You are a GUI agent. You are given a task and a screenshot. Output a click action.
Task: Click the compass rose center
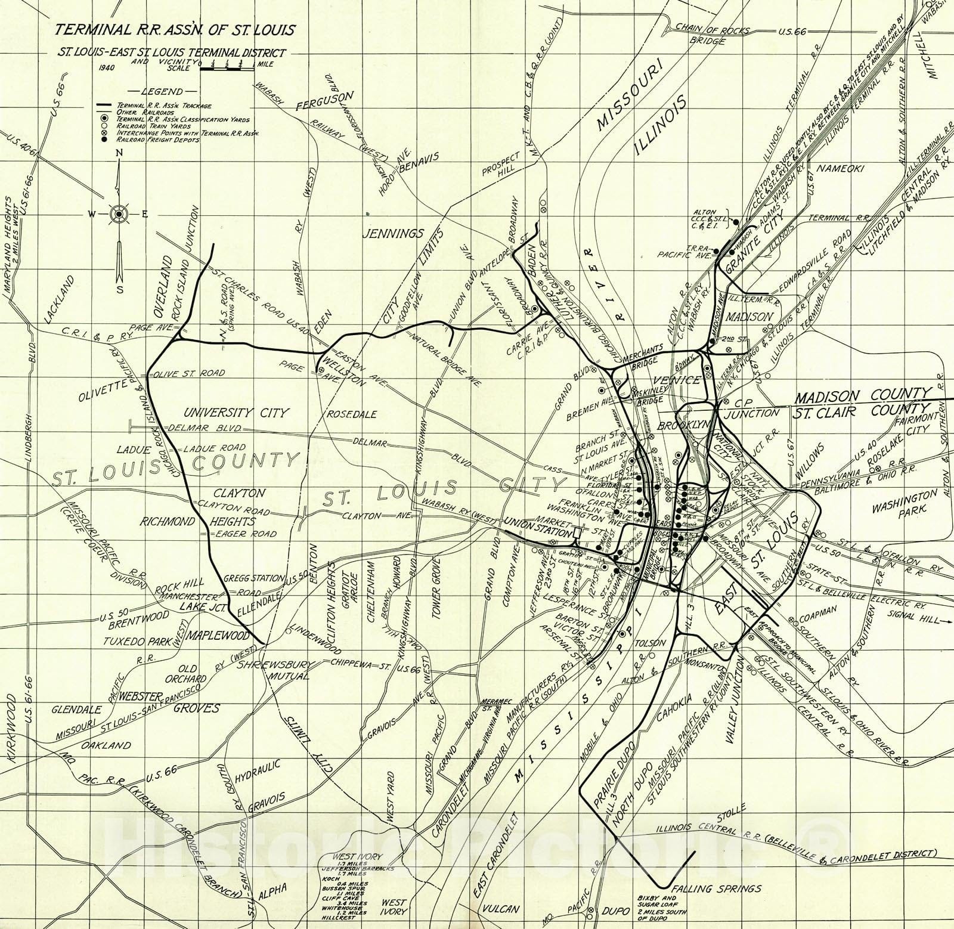pos(119,213)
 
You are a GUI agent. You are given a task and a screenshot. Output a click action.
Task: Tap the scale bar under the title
pos(227,69)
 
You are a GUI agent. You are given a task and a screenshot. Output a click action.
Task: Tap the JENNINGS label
pos(394,233)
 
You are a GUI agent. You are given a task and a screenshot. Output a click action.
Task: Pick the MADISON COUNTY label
pos(863,394)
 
